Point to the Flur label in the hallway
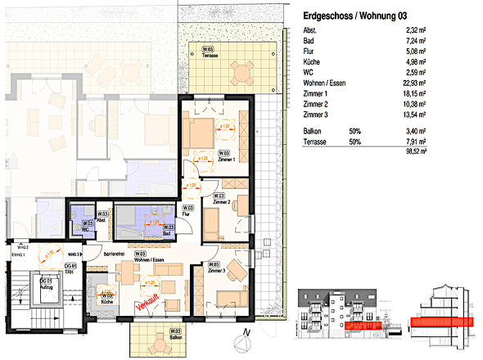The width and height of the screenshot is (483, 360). [x=187, y=212]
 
